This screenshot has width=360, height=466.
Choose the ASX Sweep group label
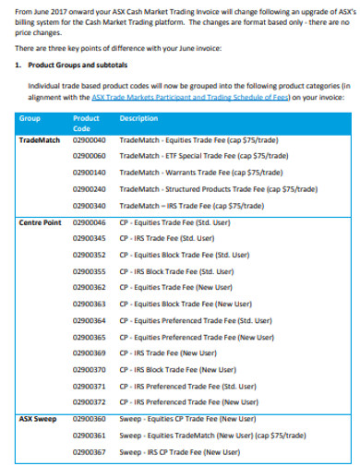pyautogui.click(x=36, y=419)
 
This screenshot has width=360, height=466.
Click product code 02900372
pyautogui.click(x=90, y=402)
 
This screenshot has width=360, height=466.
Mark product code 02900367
pyautogui.click(x=90, y=452)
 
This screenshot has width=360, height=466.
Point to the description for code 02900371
pyautogui.click(x=196, y=386)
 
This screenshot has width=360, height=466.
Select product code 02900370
pyautogui.click(x=90, y=369)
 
